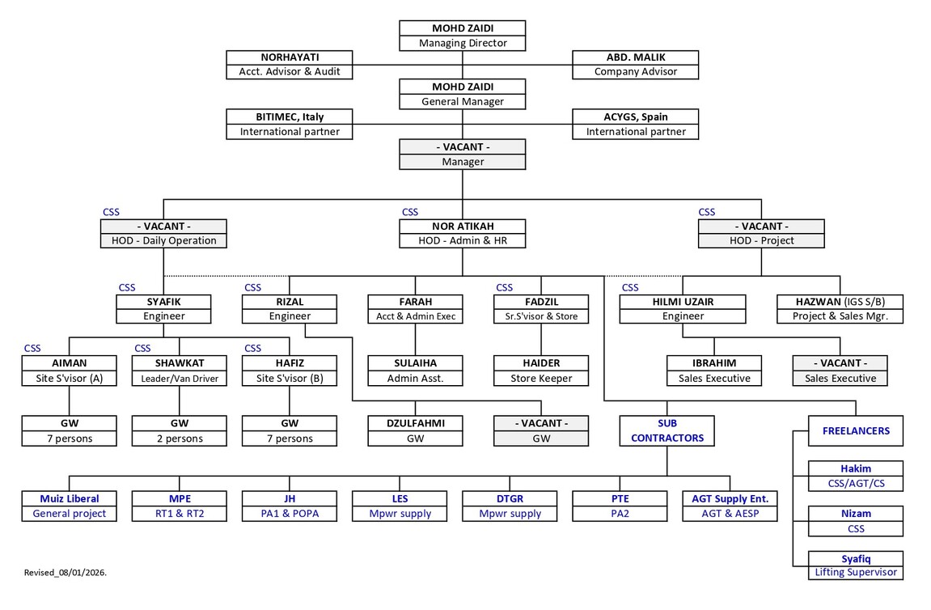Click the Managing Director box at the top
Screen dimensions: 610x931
[x=462, y=36]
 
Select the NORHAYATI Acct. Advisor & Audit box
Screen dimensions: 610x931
[x=290, y=65]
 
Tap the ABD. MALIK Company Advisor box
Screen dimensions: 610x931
[x=635, y=65]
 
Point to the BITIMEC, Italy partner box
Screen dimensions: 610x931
[x=290, y=125]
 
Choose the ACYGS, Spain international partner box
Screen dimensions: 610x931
[x=635, y=125]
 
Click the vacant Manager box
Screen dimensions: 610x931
[x=462, y=155]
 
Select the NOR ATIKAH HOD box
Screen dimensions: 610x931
[x=462, y=233]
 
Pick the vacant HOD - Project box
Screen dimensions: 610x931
[x=761, y=233]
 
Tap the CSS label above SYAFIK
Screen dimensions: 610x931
[x=127, y=287]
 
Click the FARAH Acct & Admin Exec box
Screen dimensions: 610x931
[x=416, y=309]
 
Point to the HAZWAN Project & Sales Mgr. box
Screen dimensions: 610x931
[x=840, y=309]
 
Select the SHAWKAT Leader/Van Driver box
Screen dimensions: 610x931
[x=179, y=371]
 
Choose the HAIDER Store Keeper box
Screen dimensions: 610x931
[x=541, y=371]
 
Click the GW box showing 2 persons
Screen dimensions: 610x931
[x=179, y=431]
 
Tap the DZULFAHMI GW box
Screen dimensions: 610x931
[x=416, y=431]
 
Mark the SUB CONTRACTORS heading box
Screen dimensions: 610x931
[x=667, y=430]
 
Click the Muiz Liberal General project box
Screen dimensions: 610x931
[x=69, y=506]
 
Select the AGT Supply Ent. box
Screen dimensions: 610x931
[x=729, y=506]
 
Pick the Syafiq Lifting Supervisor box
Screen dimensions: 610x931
[x=856, y=565]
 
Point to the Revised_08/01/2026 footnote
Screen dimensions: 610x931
[x=66, y=573]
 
